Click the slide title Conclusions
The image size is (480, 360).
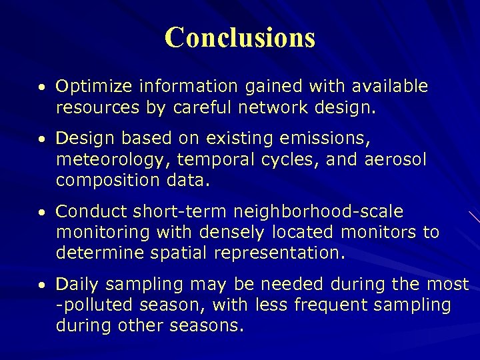pyautogui.click(x=240, y=37)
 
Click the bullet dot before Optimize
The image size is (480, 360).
pyautogui.click(x=42, y=88)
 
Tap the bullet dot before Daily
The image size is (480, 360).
pyautogui.click(x=42, y=286)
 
